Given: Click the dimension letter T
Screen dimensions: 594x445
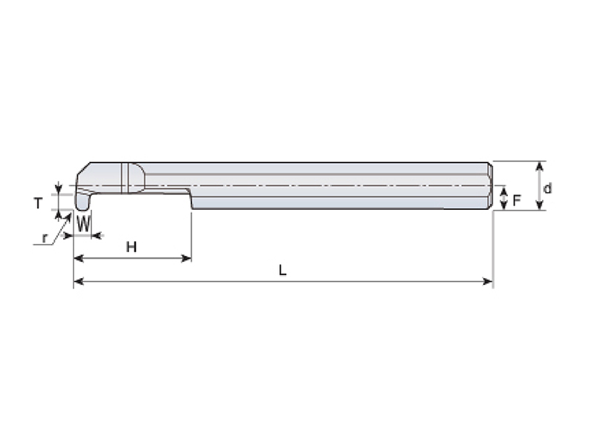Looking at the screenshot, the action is pyautogui.click(x=39, y=203).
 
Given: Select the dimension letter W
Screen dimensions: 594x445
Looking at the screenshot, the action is pyautogui.click(x=84, y=223).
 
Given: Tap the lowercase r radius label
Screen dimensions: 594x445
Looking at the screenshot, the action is pyautogui.click(x=45, y=238).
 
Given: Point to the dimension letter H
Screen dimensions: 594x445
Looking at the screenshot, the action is pyautogui.click(x=131, y=247).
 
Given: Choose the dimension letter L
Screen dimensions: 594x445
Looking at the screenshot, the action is pyautogui.click(x=282, y=270).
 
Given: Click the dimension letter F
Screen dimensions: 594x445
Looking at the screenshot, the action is pyautogui.click(x=517, y=200).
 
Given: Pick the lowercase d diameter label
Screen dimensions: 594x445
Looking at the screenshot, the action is pyautogui.click(x=547, y=188).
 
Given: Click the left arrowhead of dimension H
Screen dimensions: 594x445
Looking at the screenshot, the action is pyautogui.click(x=78, y=258).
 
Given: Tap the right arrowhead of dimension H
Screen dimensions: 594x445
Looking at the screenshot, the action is pyautogui.click(x=187, y=258).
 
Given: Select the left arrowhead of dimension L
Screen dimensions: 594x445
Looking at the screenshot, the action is pyautogui.click(x=78, y=281).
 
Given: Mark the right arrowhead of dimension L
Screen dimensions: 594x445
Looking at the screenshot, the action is pyautogui.click(x=488, y=281).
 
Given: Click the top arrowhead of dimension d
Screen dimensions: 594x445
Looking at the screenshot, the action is pyautogui.click(x=541, y=166).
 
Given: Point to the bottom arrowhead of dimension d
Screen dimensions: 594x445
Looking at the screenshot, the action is pyautogui.click(x=541, y=205).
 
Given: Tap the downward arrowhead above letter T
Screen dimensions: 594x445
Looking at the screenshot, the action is pyautogui.click(x=58, y=188).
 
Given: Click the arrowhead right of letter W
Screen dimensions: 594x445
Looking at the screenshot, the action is pyautogui.click(x=97, y=236).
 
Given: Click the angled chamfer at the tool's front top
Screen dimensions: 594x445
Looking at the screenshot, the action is pyautogui.click(x=83, y=168).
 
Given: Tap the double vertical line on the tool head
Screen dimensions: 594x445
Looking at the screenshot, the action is pyautogui.click(x=125, y=178).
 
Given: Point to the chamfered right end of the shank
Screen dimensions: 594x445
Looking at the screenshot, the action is pyautogui.click(x=490, y=186).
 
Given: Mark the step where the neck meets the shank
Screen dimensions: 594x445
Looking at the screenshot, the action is pyautogui.click(x=191, y=198).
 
